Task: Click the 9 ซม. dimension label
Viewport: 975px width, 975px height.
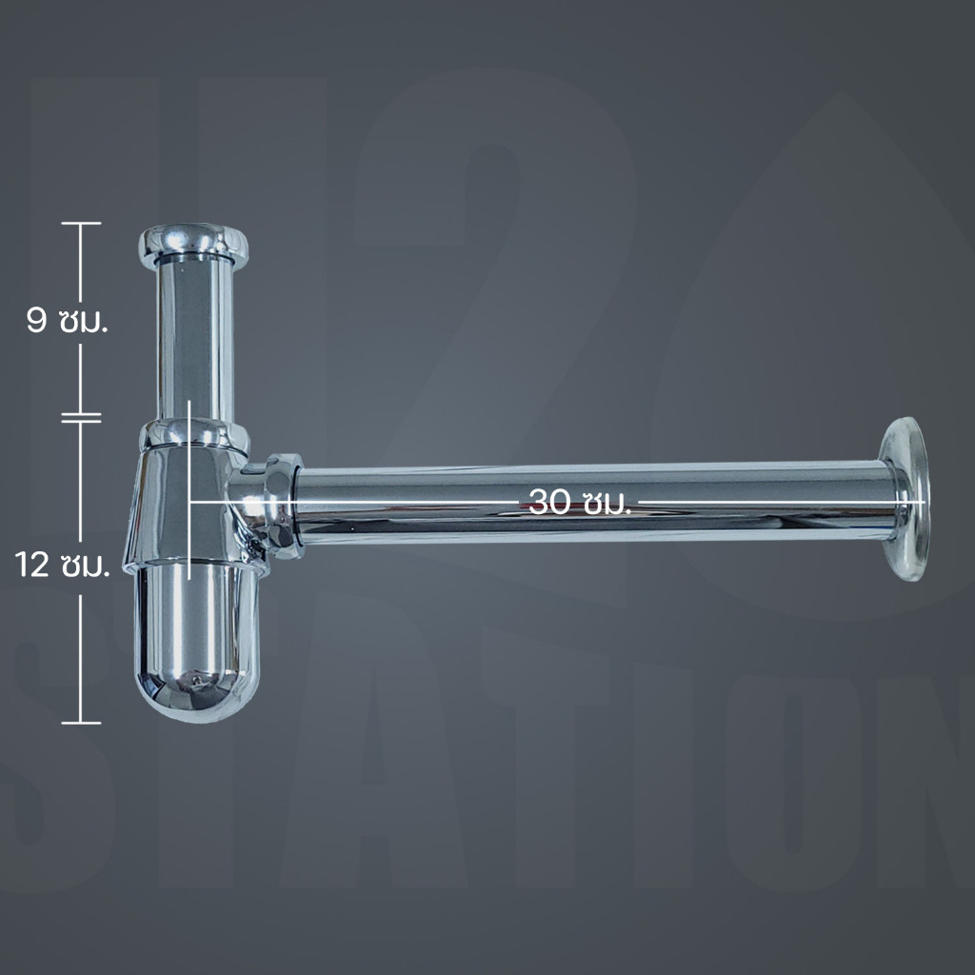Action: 68,321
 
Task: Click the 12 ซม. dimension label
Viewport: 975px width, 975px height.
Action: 62,566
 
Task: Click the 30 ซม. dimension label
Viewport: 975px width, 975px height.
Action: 580,501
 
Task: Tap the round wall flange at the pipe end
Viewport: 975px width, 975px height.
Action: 905,499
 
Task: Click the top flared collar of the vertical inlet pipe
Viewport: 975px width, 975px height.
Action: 193,243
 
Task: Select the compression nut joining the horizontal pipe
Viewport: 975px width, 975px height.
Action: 284,506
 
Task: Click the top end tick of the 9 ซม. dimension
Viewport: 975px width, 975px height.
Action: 81,223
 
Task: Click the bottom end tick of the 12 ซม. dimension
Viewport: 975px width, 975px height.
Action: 81,723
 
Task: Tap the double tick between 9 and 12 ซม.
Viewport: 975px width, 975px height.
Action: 81,417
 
